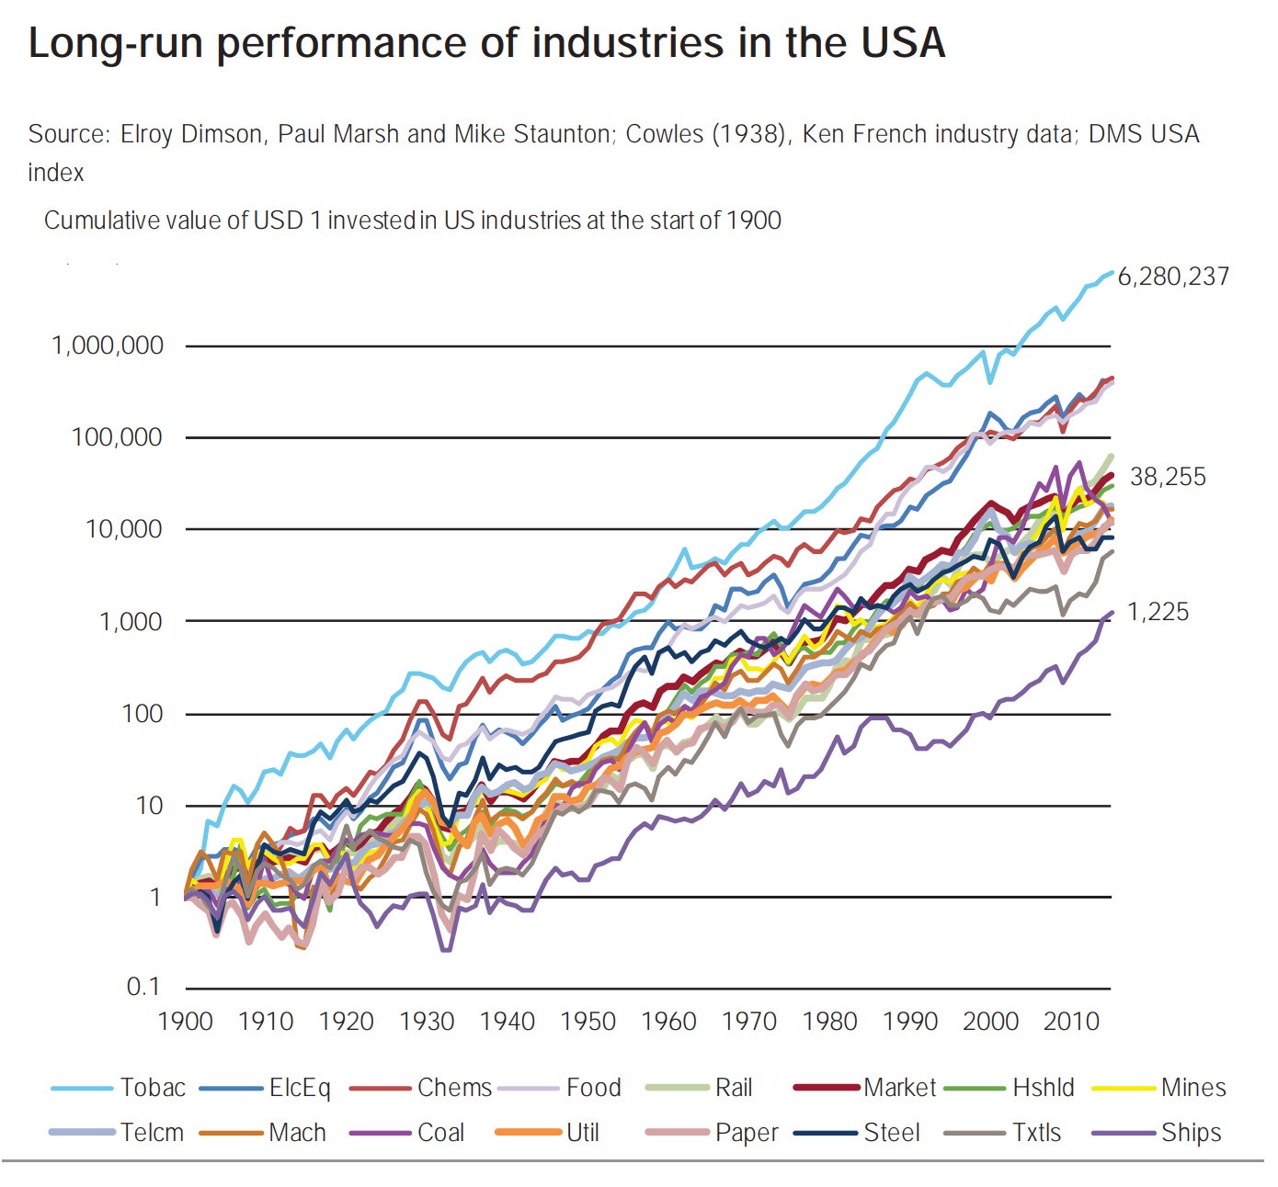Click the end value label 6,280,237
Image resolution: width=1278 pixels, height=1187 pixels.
1173,277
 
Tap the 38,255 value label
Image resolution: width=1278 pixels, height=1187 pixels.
1168,477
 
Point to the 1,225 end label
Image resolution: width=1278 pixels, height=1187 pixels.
1158,612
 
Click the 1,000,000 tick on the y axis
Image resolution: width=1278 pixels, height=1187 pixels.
108,345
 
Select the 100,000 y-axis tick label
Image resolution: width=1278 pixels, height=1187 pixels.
117,437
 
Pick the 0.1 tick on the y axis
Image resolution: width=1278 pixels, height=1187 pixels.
143,988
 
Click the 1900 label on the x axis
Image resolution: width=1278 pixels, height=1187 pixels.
186,1022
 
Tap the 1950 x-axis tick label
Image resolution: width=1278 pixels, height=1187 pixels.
588,1022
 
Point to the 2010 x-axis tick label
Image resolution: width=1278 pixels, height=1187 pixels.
1071,1022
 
